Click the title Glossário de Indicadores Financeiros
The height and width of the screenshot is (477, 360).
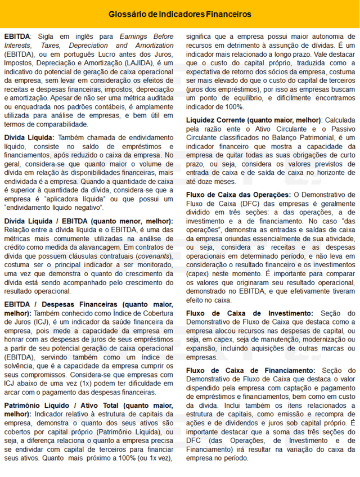click(179, 13)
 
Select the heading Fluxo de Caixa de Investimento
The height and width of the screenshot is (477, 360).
click(249, 313)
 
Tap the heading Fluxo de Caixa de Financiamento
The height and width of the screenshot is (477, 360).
click(251, 371)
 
